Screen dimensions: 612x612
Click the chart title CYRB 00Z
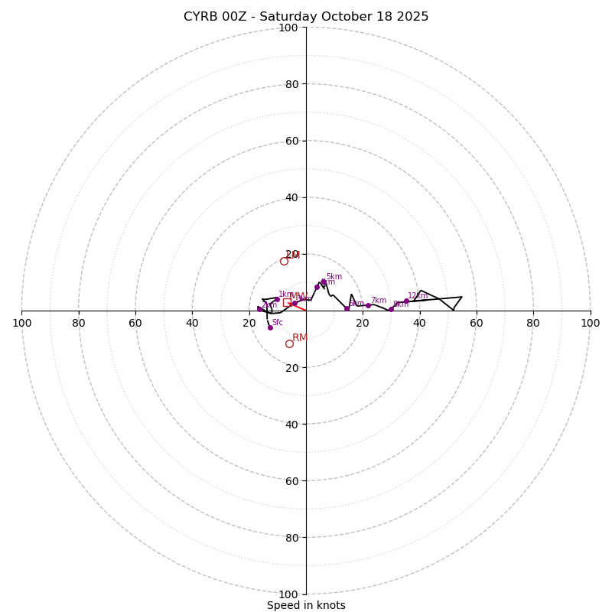pyautogui.click(x=306, y=17)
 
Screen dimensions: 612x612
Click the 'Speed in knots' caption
pyautogui.click(x=306, y=605)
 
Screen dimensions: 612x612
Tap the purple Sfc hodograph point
pyautogui.click(x=270, y=327)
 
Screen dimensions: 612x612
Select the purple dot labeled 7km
pyautogui.click(x=368, y=305)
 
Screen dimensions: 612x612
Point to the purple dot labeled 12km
pyautogui.click(x=406, y=301)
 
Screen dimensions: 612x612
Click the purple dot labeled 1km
pyautogui.click(x=277, y=299)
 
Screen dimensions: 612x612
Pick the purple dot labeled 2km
pyautogui.click(x=259, y=308)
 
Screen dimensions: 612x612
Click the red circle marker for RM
pyautogui.click(x=289, y=343)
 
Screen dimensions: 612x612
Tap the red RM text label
pyautogui.click(x=300, y=337)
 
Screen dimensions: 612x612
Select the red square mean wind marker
pyautogui.click(x=287, y=302)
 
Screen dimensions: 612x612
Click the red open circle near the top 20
pyautogui.click(x=284, y=261)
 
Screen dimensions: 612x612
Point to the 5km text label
pyautogui.click(x=334, y=277)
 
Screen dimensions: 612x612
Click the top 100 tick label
pyautogui.click(x=288, y=28)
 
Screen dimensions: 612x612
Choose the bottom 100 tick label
pyautogui.click(x=288, y=594)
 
